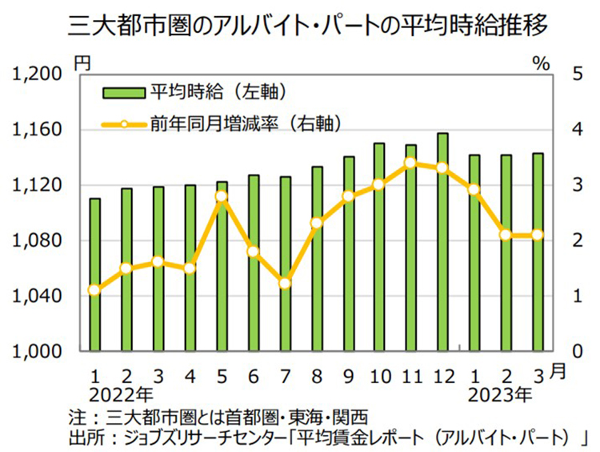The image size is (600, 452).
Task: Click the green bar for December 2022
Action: click(442, 242)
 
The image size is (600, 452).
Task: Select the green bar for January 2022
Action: click(94, 275)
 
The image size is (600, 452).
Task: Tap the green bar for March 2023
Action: click(538, 252)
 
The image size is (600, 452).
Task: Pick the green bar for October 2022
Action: click(380, 247)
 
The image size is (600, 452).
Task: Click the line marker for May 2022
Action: click(222, 196)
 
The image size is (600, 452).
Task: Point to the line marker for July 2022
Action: click(285, 283)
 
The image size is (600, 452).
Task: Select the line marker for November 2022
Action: click(410, 163)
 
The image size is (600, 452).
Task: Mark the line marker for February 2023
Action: click(505, 235)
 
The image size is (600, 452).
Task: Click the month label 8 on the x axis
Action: click(317, 373)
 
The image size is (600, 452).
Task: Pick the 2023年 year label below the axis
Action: click(502, 393)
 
